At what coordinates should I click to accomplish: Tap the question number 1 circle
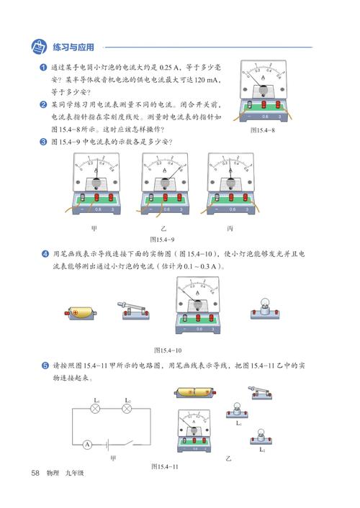(x=44, y=67)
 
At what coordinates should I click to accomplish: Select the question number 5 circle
(x=44, y=365)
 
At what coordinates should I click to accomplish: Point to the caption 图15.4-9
(x=163, y=238)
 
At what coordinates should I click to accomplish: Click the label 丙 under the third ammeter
(x=230, y=228)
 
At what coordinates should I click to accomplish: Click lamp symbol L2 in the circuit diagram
(x=127, y=409)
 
